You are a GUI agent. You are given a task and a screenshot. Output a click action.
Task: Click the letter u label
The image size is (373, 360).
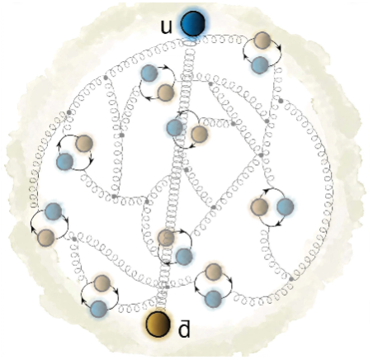click(166, 26)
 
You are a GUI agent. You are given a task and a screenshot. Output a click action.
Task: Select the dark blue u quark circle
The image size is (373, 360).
click(193, 23)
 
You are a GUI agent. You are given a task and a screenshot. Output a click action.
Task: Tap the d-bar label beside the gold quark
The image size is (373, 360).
click(184, 329)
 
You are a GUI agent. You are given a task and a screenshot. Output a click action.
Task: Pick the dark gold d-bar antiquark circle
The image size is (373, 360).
click(158, 324)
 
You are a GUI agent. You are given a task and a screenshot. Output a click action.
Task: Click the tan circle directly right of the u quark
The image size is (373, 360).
click(262, 40)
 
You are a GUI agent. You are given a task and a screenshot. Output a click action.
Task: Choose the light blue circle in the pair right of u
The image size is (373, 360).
click(260, 65)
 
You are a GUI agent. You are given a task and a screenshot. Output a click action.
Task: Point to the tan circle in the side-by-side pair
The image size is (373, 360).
click(259, 206)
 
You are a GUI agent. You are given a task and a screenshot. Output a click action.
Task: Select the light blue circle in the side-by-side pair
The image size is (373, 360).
click(285, 206)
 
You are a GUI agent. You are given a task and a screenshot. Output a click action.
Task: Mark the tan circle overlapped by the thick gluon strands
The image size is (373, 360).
click(166, 238)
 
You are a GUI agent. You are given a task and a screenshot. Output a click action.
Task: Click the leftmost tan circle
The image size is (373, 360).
click(46, 238)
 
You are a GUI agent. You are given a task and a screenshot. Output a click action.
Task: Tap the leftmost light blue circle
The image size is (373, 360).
click(53, 211)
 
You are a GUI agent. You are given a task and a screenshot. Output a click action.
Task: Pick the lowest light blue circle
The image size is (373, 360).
click(99, 309)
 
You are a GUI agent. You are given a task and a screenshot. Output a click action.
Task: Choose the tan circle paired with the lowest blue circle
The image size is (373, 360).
click(102, 283)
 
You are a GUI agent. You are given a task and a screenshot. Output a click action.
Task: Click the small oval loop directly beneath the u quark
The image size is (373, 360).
click(190, 44)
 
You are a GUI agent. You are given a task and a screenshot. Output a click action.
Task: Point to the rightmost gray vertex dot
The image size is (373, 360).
click(291, 279)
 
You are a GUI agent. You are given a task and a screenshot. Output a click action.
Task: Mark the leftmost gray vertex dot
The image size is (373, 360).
click(69, 112)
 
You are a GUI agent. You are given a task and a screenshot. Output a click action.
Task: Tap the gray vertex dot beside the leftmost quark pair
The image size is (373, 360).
click(74, 239)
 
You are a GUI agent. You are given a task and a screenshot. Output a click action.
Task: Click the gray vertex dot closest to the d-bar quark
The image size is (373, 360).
click(167, 287)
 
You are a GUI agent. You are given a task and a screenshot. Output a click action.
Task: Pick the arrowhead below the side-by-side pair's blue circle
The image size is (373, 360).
click(278, 224)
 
